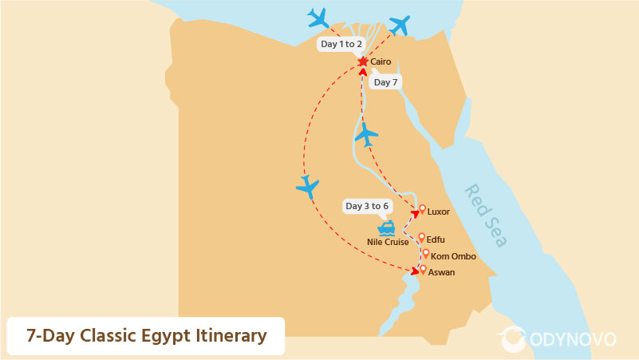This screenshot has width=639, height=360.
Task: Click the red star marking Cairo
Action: [363, 61]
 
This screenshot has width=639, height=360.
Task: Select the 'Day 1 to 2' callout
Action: [341, 44]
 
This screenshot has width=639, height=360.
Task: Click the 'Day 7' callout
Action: [385, 82]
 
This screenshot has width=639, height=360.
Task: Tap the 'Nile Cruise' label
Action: [388, 242]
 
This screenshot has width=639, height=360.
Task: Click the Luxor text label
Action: [439, 212]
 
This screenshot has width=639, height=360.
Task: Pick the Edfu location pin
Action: [422, 237]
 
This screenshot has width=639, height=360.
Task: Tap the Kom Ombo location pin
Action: [425, 254]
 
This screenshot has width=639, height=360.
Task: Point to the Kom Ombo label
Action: [453, 256]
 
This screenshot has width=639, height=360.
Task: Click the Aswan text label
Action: [442, 273]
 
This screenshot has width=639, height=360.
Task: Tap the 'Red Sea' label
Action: [486, 216]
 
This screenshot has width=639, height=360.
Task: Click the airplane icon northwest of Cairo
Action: [318, 18]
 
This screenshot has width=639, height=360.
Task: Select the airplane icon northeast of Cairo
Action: [400, 25]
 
